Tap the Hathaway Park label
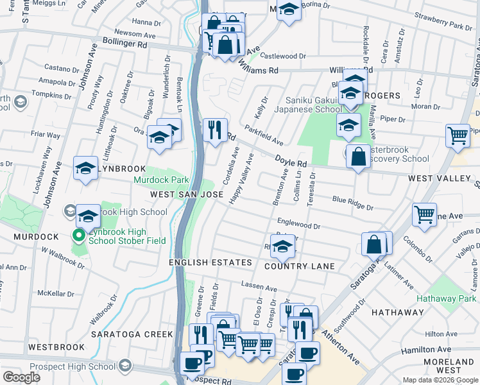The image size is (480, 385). coord(446,298)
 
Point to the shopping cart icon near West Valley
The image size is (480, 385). coord(457,135)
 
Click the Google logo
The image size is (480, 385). coord(21,377)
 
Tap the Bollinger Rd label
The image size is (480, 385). coord(124,45)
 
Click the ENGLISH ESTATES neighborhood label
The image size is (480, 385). coord(210,262)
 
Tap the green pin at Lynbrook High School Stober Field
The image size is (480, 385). coord(79,237)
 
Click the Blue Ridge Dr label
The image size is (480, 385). coord(352,202)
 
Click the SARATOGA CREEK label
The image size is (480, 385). coord(131,334)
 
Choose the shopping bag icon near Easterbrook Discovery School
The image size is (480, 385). coord(358,156)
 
